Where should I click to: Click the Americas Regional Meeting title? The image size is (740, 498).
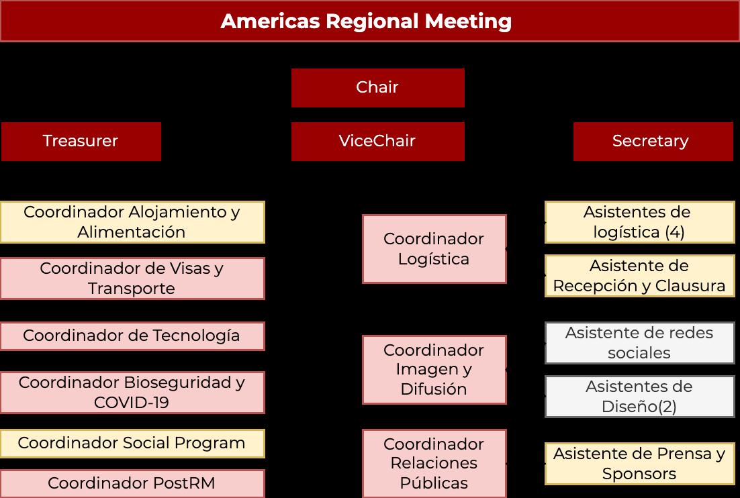[x=366, y=21]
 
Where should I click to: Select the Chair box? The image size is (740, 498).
[x=377, y=87]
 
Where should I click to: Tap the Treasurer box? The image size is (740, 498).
[x=81, y=141]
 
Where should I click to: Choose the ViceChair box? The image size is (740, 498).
[x=377, y=141]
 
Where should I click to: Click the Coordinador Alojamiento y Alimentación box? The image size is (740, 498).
[x=132, y=222]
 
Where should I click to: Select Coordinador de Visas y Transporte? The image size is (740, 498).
[x=132, y=279]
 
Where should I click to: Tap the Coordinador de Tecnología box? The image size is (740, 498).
[x=132, y=336]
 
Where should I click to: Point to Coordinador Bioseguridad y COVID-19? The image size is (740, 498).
[x=132, y=393]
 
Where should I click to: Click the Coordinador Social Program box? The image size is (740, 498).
[x=132, y=444]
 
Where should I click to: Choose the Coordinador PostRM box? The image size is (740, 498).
[x=132, y=483]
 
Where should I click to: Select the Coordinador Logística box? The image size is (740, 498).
[x=434, y=249]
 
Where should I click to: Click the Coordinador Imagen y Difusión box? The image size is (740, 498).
[x=434, y=370]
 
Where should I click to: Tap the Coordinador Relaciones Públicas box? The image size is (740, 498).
[x=434, y=464]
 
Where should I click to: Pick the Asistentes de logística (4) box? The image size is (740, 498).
[x=639, y=222]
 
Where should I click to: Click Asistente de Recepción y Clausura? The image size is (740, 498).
[x=639, y=276]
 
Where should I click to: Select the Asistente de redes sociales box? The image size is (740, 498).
[x=639, y=343]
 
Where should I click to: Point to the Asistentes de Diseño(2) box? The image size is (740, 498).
[x=639, y=397]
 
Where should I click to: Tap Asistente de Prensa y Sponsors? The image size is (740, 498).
[x=639, y=464]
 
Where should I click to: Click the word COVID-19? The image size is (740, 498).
[x=132, y=403]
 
